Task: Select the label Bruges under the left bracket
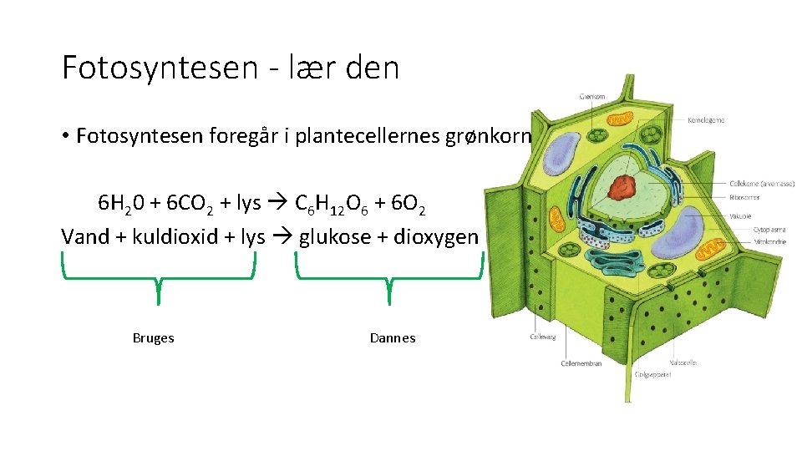[153, 338]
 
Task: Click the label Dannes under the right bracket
[392, 338]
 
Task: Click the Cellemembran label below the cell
[581, 363]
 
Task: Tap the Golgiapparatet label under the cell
[654, 375]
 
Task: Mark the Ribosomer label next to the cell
[744, 199]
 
